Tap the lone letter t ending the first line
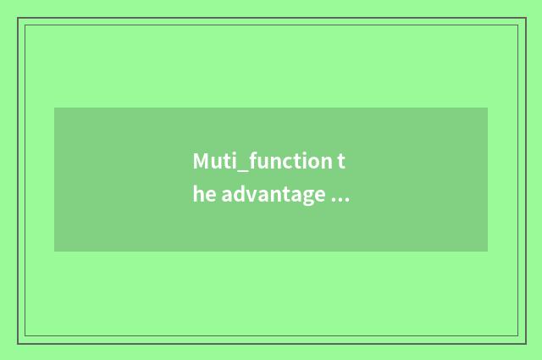tap(343, 161)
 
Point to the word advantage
tap(272, 197)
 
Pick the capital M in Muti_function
tap(201, 161)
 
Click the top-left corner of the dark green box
tap(54, 108)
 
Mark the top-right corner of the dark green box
tap(488, 108)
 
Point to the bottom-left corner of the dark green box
tap(54, 252)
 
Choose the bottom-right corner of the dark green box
tap(488, 252)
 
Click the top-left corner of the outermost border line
tap(18, 18)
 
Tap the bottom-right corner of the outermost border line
tap(525, 343)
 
